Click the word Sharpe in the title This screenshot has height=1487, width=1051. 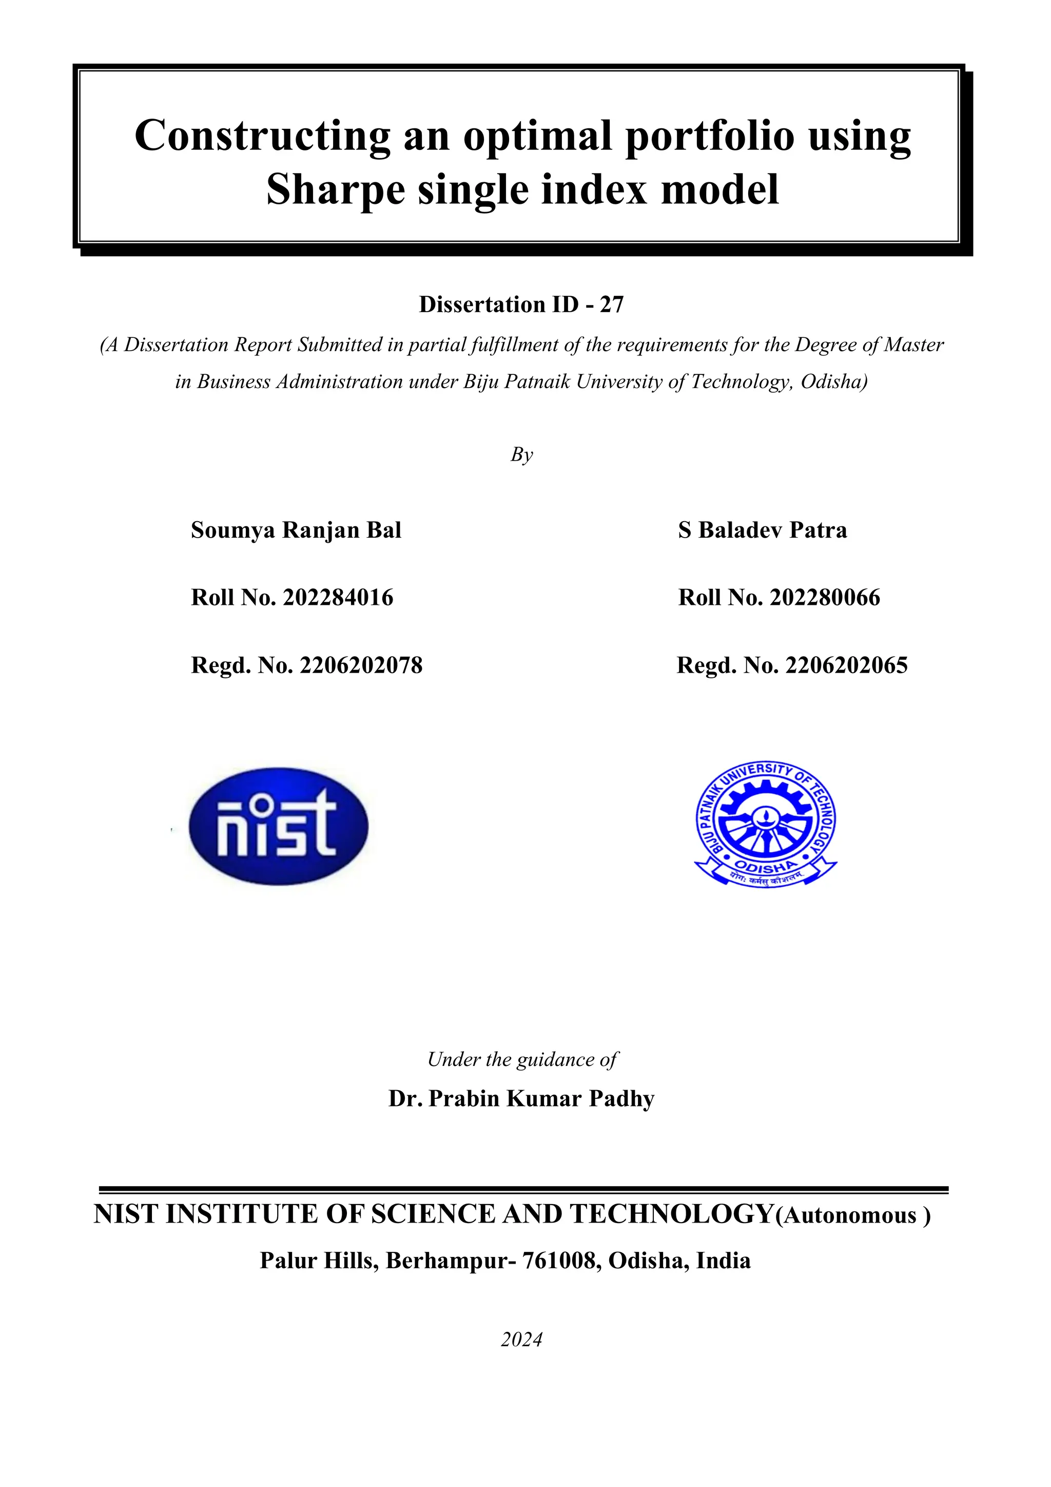[x=335, y=190]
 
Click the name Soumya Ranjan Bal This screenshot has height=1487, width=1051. [x=296, y=530]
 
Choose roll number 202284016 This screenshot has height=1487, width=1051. [x=338, y=598]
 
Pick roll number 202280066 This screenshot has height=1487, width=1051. [x=825, y=598]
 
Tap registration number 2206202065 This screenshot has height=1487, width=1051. [x=846, y=665]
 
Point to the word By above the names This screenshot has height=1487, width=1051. [x=521, y=454]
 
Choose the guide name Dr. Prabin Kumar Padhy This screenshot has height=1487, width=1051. [x=521, y=1098]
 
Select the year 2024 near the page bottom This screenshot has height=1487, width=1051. [x=521, y=1339]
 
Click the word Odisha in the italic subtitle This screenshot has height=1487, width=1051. [x=833, y=382]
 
